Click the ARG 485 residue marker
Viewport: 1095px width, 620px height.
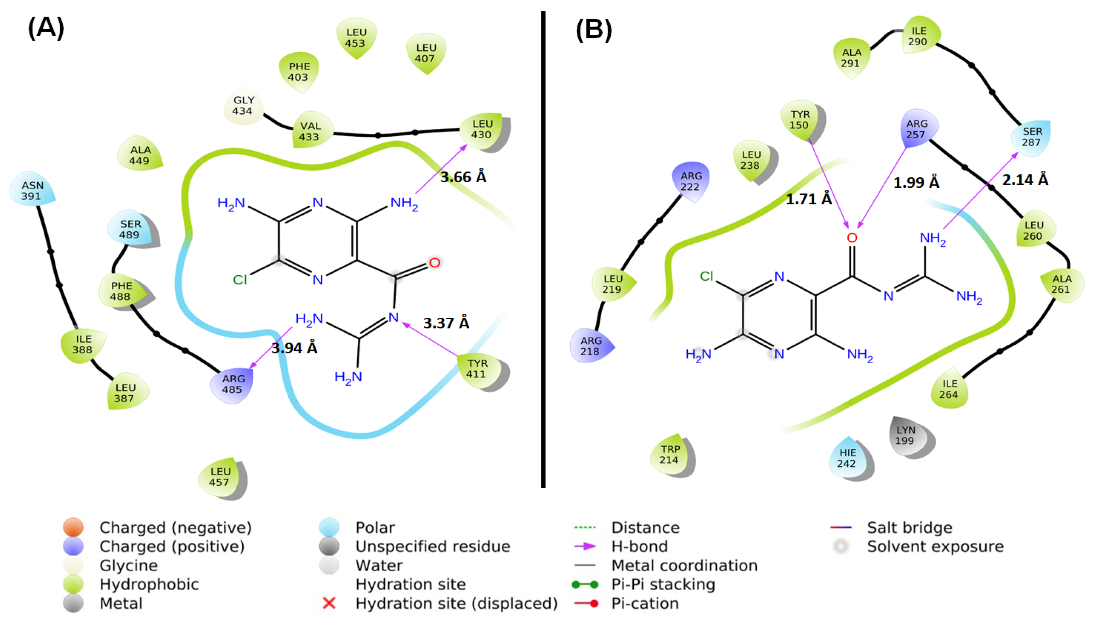coord(232,384)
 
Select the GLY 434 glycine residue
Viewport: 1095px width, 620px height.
coord(243,106)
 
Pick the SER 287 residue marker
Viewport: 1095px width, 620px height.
coord(1032,137)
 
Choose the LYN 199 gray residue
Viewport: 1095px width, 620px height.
coord(906,436)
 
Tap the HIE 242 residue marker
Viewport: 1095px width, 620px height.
coord(848,458)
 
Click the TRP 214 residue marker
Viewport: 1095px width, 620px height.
coord(669,454)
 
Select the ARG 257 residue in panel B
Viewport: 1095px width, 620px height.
coord(917,129)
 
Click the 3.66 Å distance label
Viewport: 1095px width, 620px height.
coord(463,177)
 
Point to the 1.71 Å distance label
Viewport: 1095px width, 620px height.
coord(809,199)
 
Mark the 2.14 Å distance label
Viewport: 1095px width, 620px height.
coord(1025,180)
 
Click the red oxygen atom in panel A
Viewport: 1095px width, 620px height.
coord(434,262)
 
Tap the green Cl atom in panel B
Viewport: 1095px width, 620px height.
coord(706,277)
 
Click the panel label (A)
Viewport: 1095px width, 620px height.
coord(46,28)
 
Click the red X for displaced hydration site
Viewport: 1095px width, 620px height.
coord(329,603)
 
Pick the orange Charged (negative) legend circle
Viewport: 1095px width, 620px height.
coord(73,527)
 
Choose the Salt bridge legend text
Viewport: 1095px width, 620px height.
coord(909,528)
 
